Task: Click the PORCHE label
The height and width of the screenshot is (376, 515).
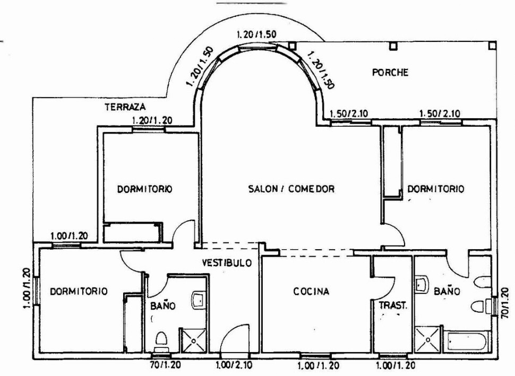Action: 390,72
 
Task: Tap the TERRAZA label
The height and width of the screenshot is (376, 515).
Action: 125,107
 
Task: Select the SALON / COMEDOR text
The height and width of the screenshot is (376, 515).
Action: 291,189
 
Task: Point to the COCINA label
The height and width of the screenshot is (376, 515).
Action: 311,291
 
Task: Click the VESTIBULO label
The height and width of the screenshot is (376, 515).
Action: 227,263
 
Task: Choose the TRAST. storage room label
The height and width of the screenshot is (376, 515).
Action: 393,306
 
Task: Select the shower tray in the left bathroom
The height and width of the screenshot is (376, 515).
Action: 193,340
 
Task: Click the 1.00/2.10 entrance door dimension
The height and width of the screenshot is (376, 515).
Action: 234,365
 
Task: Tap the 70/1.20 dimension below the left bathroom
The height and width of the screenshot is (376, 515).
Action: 165,364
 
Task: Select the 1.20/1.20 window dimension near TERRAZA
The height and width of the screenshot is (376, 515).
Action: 152,120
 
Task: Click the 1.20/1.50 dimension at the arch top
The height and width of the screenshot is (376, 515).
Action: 257,34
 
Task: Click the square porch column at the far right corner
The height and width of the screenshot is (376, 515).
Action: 492,45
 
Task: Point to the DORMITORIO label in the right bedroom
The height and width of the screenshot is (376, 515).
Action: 435,189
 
